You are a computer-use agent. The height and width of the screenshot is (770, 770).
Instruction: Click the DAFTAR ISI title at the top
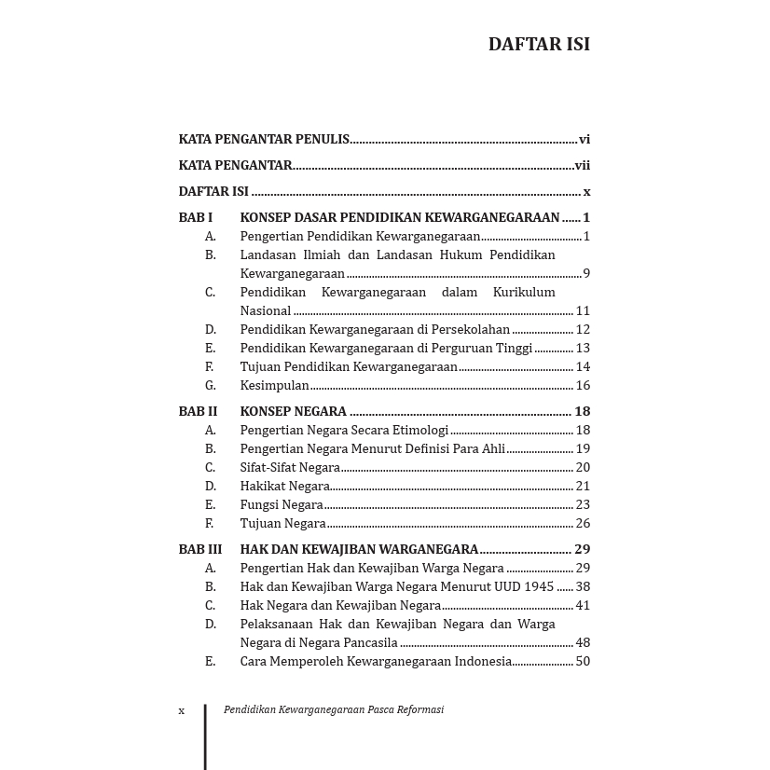click(x=539, y=44)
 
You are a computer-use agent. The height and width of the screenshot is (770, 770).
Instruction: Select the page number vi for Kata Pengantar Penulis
click(x=584, y=140)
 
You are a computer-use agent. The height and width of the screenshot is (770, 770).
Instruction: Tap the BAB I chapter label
click(x=196, y=217)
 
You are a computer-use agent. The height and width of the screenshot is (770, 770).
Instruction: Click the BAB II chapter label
click(x=198, y=411)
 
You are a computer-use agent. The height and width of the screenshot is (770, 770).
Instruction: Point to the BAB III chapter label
click(x=200, y=549)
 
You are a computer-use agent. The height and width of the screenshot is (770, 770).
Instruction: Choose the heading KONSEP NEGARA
click(x=293, y=411)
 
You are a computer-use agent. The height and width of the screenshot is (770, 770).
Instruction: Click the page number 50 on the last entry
click(x=583, y=661)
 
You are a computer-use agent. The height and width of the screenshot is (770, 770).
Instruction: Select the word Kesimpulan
click(x=274, y=385)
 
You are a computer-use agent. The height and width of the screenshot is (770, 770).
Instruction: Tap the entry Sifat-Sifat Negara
click(x=290, y=467)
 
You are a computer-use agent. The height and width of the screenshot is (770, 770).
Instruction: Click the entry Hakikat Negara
click(x=284, y=486)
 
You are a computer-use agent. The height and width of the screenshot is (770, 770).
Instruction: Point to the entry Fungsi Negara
click(x=282, y=504)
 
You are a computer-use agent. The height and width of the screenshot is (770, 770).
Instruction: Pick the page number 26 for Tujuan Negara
click(x=583, y=523)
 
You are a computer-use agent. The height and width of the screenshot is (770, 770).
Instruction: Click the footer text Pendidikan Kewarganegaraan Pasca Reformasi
click(x=334, y=709)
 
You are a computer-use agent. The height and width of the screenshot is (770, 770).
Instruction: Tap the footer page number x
click(x=182, y=710)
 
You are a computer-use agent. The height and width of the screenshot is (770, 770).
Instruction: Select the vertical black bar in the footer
click(x=205, y=736)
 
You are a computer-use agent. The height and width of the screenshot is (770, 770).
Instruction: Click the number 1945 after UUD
click(x=539, y=586)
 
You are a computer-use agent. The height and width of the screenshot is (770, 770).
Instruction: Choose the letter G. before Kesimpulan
click(x=211, y=385)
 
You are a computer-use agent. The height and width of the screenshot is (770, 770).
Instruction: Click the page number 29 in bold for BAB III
click(x=583, y=549)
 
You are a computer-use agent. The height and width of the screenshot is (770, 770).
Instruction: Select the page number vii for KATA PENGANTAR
click(x=583, y=166)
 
